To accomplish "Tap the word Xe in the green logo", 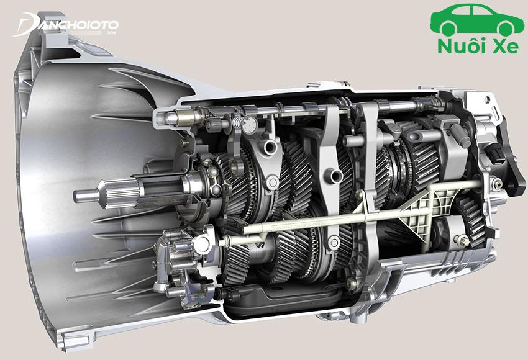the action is click(x=505, y=47).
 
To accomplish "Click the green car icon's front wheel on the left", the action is click(x=450, y=28).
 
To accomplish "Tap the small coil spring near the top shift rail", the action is click(x=237, y=122).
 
